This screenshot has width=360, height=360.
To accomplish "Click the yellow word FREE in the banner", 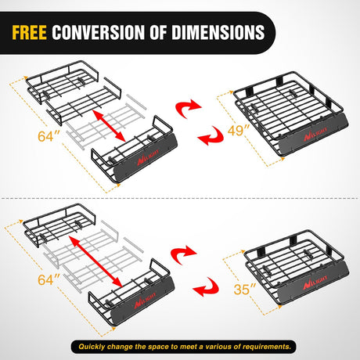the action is (30, 32).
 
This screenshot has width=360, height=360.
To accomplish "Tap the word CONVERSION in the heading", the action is (99, 32).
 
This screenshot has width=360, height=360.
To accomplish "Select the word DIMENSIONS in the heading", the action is (218, 32).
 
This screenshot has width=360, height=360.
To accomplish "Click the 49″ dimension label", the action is (239, 130).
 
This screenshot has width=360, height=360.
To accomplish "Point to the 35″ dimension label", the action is (245, 289).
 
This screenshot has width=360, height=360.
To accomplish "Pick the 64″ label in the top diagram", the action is (49, 136).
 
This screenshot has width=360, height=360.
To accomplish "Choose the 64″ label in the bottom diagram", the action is (49, 280).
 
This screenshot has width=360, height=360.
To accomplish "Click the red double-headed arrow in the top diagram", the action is (110, 126).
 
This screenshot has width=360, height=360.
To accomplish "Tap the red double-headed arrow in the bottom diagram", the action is (96, 261).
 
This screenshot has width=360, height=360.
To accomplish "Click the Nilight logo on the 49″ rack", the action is (315, 133).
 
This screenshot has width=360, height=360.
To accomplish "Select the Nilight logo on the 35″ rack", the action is (315, 282).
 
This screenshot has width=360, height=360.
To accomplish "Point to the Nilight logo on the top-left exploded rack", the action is (148, 157).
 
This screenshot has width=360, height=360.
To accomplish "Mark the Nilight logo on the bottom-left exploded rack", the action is (146, 301).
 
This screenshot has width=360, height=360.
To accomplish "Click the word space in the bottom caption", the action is (159, 347).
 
